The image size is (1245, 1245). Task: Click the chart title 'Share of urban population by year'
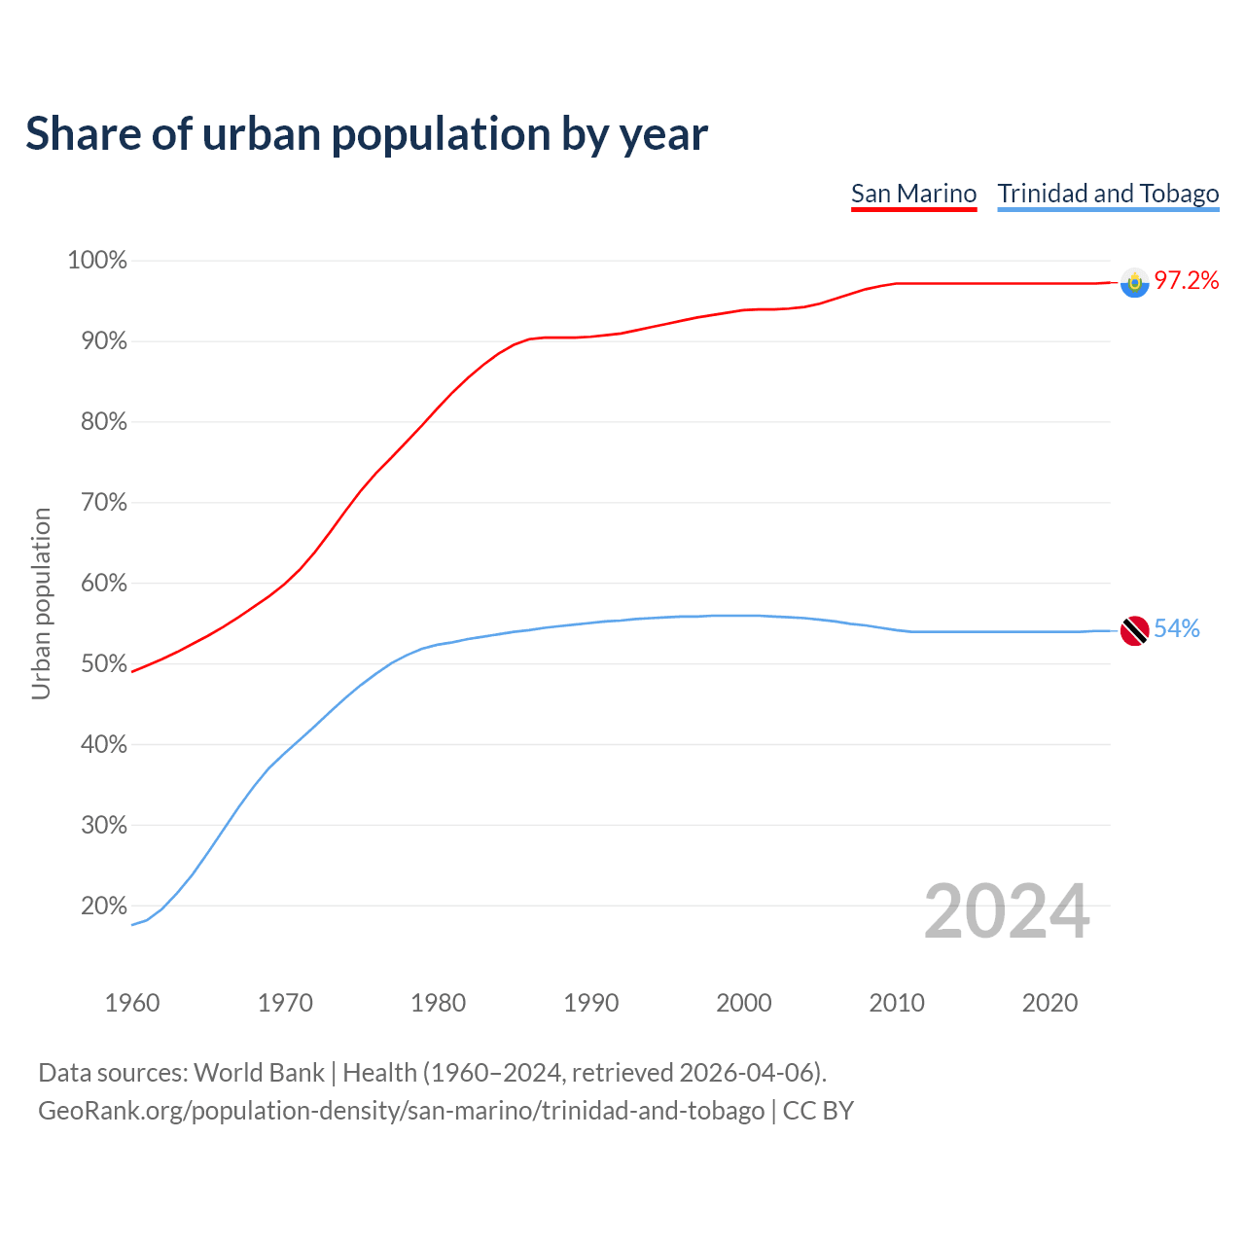(x=367, y=134)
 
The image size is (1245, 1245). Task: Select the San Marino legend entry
(x=913, y=194)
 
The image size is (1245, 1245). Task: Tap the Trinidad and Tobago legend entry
(x=1108, y=194)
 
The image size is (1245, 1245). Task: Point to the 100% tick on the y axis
(x=97, y=261)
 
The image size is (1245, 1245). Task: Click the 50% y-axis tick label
(x=97, y=664)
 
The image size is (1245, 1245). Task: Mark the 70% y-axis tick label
(x=97, y=503)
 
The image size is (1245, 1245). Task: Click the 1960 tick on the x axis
(x=132, y=1003)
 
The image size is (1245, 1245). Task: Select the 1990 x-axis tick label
(x=591, y=1003)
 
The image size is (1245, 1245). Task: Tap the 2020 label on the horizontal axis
(x=1049, y=1003)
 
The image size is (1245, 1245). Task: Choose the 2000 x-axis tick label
(x=744, y=1003)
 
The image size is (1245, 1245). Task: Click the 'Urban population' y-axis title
(x=41, y=603)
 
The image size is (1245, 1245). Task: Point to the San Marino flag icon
(x=1134, y=283)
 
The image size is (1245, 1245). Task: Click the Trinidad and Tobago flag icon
(x=1134, y=630)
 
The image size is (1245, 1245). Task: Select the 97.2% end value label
(x=1187, y=281)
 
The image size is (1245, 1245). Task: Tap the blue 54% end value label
(x=1177, y=629)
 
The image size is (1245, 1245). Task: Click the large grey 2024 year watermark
(x=1007, y=911)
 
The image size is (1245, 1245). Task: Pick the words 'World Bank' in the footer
(x=259, y=1073)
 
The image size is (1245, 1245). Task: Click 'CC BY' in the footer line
(x=818, y=1111)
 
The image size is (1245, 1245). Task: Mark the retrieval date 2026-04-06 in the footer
(x=746, y=1073)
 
